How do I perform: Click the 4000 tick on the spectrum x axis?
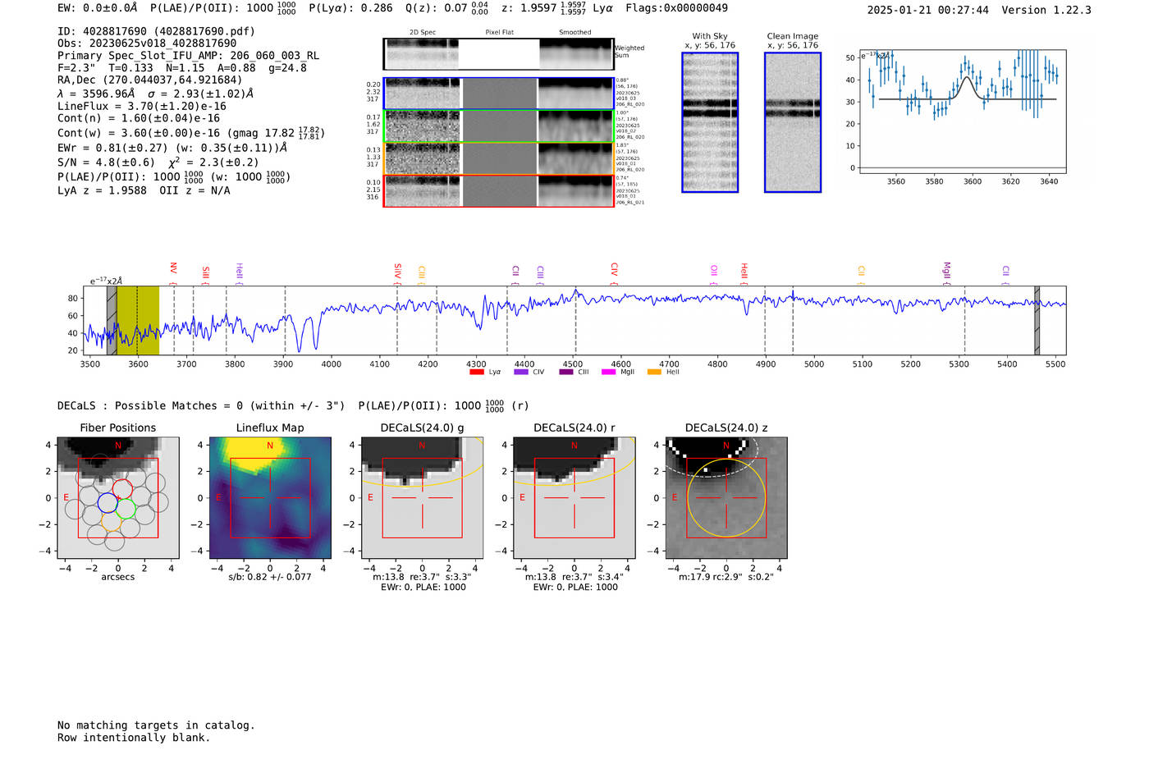(331, 364)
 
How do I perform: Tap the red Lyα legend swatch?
(476, 372)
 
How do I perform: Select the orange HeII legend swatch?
(654, 372)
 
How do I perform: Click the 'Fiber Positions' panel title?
(117, 428)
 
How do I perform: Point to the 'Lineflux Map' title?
(269, 428)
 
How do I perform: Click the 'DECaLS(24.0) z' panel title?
(726, 428)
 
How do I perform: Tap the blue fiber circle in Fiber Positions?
(108, 502)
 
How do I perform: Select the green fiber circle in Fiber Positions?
(126, 510)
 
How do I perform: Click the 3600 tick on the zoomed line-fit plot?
(972, 181)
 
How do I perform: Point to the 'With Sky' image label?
(709, 36)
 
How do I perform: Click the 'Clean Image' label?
(792, 36)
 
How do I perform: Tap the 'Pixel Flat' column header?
(499, 32)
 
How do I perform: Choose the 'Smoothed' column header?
(574, 32)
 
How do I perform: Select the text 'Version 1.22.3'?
(1046, 10)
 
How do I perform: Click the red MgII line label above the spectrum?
(946, 270)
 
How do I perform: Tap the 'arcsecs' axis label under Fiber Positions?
(117, 577)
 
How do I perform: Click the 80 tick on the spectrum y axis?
(73, 299)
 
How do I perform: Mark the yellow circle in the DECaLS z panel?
(765, 498)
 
